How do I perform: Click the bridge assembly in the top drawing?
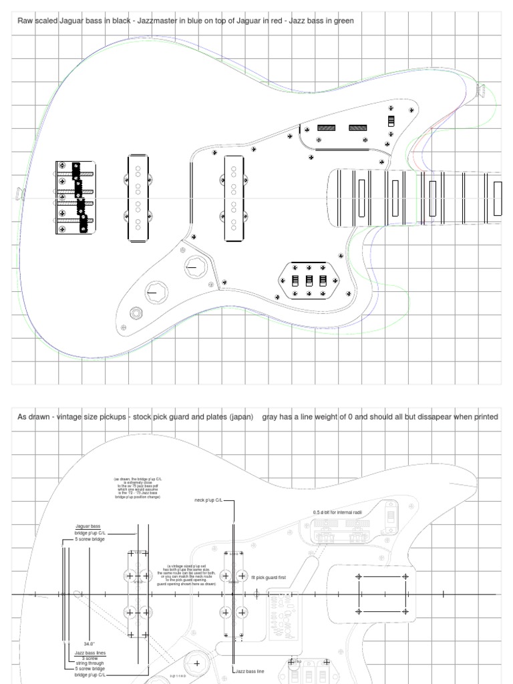point(74,198)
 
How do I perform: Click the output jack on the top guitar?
point(137,312)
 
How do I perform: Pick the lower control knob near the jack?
point(155,292)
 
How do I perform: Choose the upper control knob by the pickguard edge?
point(195,267)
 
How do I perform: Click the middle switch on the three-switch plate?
point(309,281)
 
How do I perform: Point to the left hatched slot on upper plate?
point(326,128)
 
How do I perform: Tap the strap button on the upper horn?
point(480,90)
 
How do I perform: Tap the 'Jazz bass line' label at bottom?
point(250,671)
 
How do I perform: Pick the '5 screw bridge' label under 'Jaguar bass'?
point(90,539)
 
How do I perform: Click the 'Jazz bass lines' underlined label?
point(90,653)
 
